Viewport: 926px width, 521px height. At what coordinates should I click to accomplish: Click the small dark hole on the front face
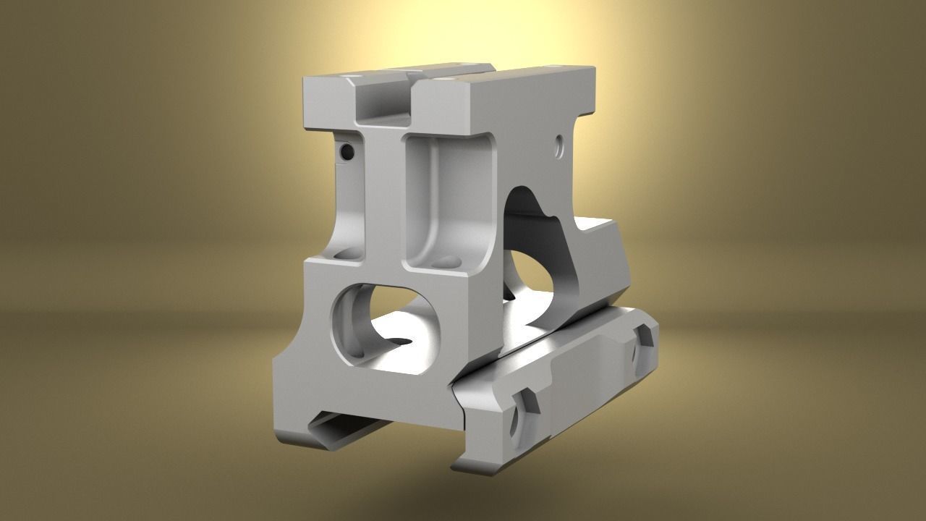[x=347, y=152]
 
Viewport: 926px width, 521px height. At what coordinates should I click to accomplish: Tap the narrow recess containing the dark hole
[x=351, y=195]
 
